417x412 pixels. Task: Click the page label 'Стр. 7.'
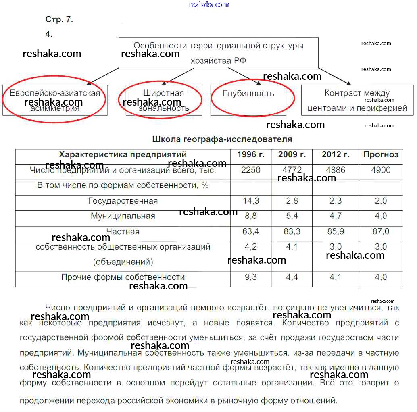(x=59, y=19)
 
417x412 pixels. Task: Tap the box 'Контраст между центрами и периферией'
(x=357, y=100)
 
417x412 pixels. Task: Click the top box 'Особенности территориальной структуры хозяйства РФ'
(x=218, y=53)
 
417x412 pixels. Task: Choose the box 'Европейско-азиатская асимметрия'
(x=55, y=100)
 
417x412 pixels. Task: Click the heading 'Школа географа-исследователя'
(x=222, y=139)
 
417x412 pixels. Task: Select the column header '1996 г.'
(x=250, y=155)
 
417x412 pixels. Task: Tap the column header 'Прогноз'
(x=381, y=155)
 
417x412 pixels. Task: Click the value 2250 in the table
(x=250, y=170)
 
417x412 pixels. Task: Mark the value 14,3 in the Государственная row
(x=250, y=201)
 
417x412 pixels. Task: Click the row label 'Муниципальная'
(x=123, y=216)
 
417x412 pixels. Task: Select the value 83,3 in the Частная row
(x=292, y=231)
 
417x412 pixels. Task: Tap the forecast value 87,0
(x=381, y=231)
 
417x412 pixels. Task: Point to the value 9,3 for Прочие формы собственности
(x=250, y=277)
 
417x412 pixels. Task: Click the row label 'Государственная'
(x=123, y=201)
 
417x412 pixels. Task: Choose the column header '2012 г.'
(x=336, y=155)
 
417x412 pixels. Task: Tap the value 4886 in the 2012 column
(x=336, y=170)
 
